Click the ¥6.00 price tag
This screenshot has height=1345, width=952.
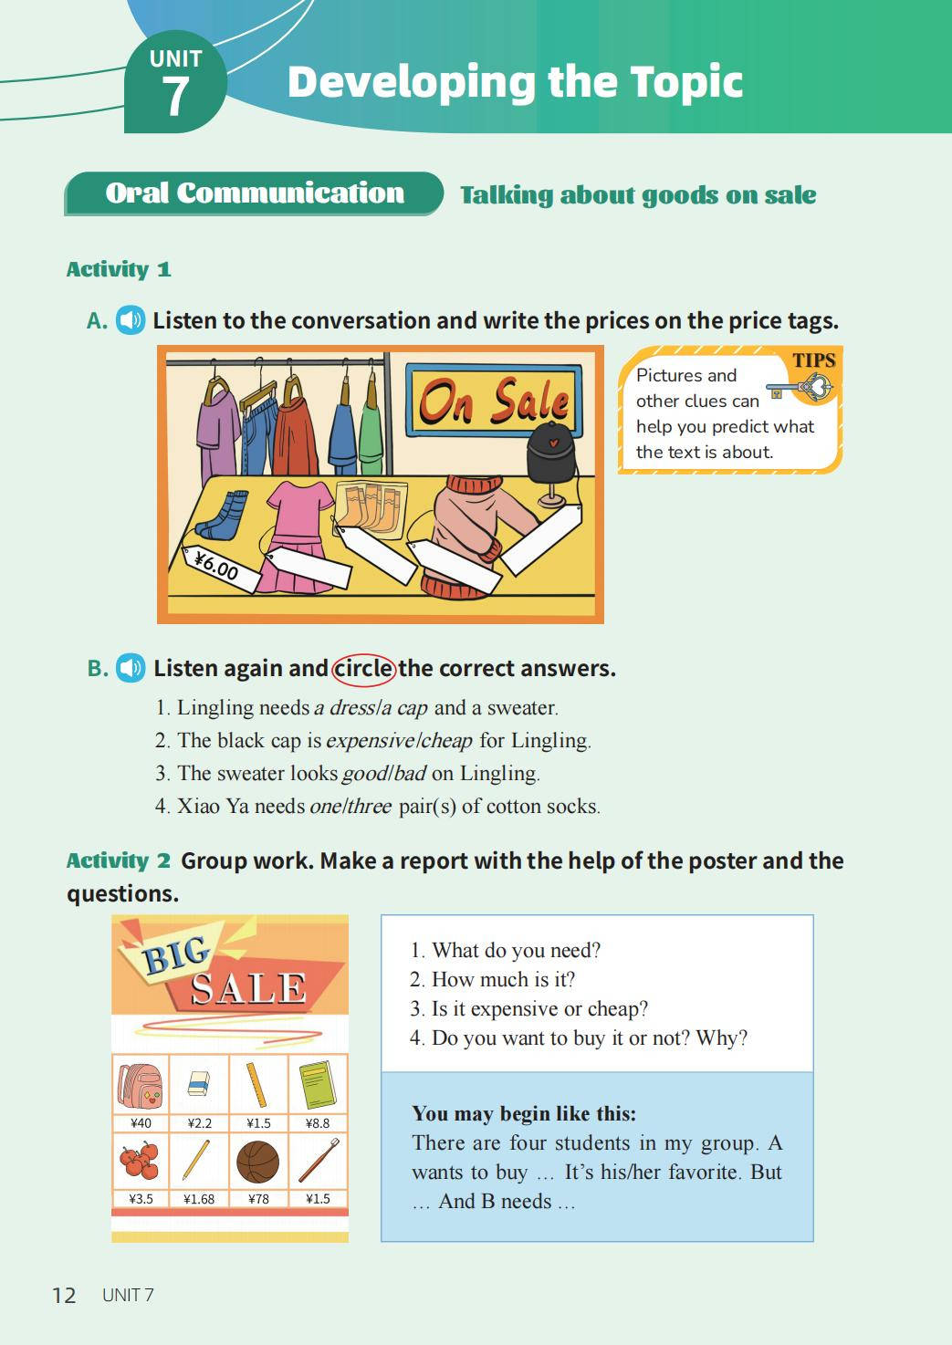tap(221, 568)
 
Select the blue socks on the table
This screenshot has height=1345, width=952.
tap(222, 515)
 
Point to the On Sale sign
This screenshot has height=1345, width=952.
tap(494, 401)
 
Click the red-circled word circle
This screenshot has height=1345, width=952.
tap(363, 669)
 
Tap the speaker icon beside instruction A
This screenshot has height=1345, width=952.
tap(131, 320)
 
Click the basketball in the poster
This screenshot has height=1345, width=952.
tap(258, 1162)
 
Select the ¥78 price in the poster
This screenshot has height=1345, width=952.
tap(258, 1198)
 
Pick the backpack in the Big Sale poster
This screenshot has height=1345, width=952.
tap(140, 1086)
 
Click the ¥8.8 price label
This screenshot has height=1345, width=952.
tap(318, 1123)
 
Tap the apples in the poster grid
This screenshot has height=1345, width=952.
tap(140, 1162)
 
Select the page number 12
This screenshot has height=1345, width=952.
tap(64, 1295)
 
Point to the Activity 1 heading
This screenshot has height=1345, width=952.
tap(119, 269)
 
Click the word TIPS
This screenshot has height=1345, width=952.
tap(814, 360)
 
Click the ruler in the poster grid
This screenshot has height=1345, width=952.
tap(256, 1085)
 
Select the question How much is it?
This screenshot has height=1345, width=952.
tap(493, 979)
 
